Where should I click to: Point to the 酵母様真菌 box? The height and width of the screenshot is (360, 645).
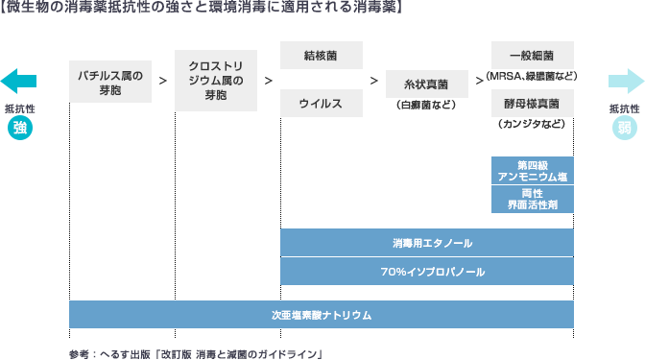[533, 103]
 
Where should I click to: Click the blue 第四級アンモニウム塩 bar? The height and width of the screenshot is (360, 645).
[533, 170]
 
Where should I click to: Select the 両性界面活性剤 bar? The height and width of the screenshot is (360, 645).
[533, 199]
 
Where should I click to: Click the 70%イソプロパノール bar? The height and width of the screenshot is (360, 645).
[427, 272]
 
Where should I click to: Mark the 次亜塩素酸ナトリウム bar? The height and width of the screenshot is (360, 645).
[322, 315]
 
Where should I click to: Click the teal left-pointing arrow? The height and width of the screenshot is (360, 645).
[19, 80]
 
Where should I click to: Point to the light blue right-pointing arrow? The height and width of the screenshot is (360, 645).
[625, 80]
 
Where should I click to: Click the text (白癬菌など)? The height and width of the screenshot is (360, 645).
[427, 105]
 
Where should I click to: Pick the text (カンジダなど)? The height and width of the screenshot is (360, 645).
[533, 125]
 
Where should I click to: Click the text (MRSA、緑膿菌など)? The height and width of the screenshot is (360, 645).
[533, 76]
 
